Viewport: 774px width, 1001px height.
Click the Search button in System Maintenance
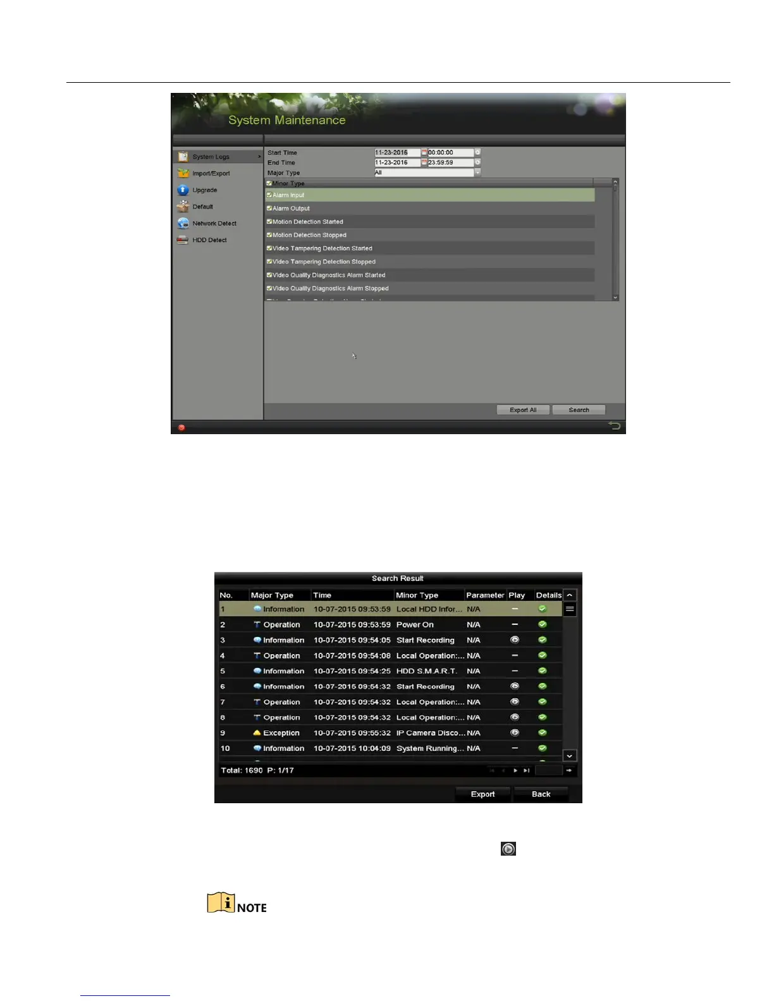pos(579,410)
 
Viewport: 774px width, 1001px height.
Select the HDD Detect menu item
pos(209,240)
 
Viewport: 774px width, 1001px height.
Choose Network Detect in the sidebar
pos(214,224)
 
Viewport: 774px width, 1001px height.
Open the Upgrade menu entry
pos(204,190)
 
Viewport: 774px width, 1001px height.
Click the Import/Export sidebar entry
pos(211,174)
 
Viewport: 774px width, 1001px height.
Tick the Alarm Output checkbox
pos(269,209)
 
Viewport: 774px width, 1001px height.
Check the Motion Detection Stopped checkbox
pos(269,235)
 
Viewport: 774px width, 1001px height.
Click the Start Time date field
pos(396,153)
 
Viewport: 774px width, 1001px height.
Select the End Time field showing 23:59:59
pos(450,163)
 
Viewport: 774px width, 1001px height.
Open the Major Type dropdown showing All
pos(427,173)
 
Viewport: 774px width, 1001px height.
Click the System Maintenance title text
pos(286,120)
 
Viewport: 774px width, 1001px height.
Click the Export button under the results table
pos(482,794)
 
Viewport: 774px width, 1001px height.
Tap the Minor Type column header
pos(417,595)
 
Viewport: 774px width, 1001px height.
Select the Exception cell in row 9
pos(281,733)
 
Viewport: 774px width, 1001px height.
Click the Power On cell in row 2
pos(415,625)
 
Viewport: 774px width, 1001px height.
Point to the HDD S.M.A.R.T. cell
pos(426,671)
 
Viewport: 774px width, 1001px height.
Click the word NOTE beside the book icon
pos(252,908)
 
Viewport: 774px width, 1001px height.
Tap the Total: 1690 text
pos(242,770)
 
